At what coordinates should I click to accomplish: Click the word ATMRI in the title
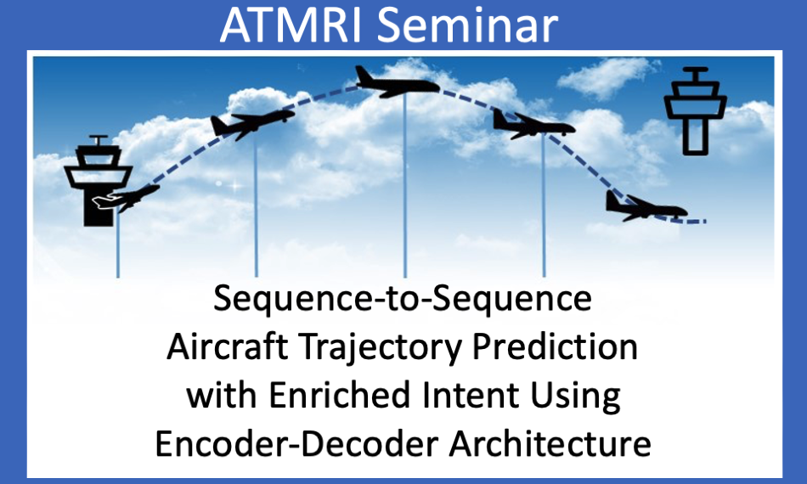(x=291, y=25)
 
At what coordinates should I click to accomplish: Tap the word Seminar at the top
(x=467, y=25)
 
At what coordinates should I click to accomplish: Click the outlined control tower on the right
(x=695, y=111)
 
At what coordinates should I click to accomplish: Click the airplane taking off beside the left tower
(x=126, y=198)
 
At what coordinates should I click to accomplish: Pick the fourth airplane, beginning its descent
(x=533, y=125)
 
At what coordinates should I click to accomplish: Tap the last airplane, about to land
(x=646, y=207)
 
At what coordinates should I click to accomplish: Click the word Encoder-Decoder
(x=296, y=443)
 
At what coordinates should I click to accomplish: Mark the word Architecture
(x=550, y=443)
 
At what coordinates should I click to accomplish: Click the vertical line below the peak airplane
(x=405, y=185)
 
